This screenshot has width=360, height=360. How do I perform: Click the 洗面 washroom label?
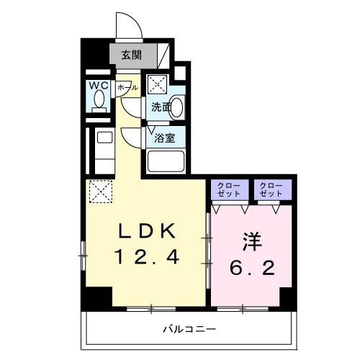(160, 108)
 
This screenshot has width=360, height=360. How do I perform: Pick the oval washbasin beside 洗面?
(176, 108)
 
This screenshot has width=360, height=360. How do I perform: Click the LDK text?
(145, 232)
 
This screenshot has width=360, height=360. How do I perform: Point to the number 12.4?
(145, 256)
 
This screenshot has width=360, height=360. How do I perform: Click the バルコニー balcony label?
(189, 329)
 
